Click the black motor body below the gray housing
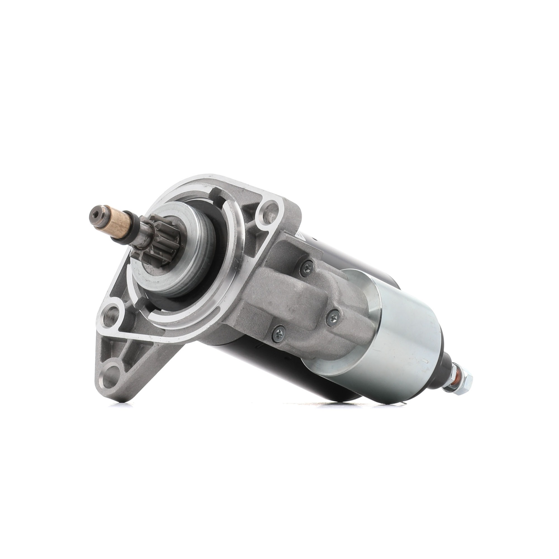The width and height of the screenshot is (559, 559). [260, 368]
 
